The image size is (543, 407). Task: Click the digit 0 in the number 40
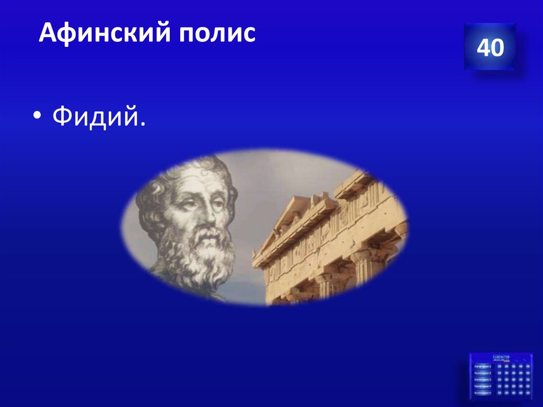pyautogui.click(x=497, y=48)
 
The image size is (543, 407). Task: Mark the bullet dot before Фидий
pyautogui.click(x=40, y=119)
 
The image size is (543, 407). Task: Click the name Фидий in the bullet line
pyautogui.click(x=95, y=117)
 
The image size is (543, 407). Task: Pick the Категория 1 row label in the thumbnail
pyautogui.click(x=483, y=366)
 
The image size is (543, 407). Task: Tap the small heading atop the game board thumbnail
pyautogui.click(x=501, y=357)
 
